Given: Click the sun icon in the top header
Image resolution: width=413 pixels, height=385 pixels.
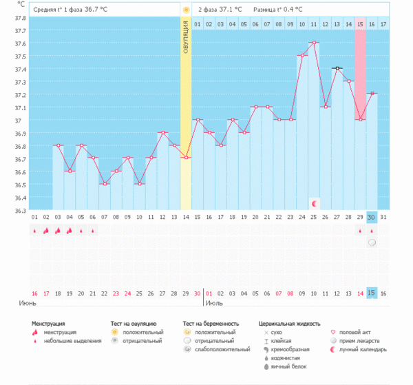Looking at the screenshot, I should pyautogui.click(x=186, y=10).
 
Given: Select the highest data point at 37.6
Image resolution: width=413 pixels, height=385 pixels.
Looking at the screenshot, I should pyautogui.click(x=314, y=43).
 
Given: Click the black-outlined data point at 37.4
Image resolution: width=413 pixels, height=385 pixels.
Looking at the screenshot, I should pyautogui.click(x=337, y=68).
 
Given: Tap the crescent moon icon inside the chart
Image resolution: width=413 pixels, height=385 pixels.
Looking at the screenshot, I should pyautogui.click(x=314, y=203).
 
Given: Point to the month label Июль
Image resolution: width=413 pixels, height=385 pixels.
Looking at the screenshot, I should pyautogui.click(x=214, y=303).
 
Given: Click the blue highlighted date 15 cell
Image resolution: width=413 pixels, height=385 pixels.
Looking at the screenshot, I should pyautogui.click(x=372, y=293).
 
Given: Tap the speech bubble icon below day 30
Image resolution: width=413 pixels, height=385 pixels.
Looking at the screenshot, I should pyautogui.click(x=372, y=243).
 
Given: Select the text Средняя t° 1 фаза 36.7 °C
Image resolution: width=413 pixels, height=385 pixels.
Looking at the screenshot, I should pyautogui.click(x=71, y=10).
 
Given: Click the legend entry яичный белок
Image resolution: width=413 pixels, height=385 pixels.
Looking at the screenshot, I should pyautogui.click(x=286, y=368).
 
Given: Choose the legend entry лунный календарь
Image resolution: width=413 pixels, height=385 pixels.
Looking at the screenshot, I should pyautogui.click(x=361, y=349).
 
